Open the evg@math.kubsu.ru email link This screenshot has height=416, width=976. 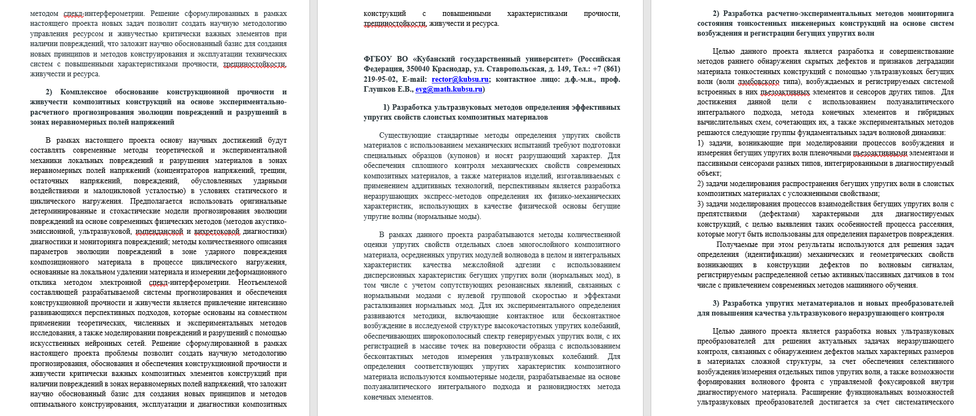coord(448,89)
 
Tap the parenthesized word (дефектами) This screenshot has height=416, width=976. coord(779,214)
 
